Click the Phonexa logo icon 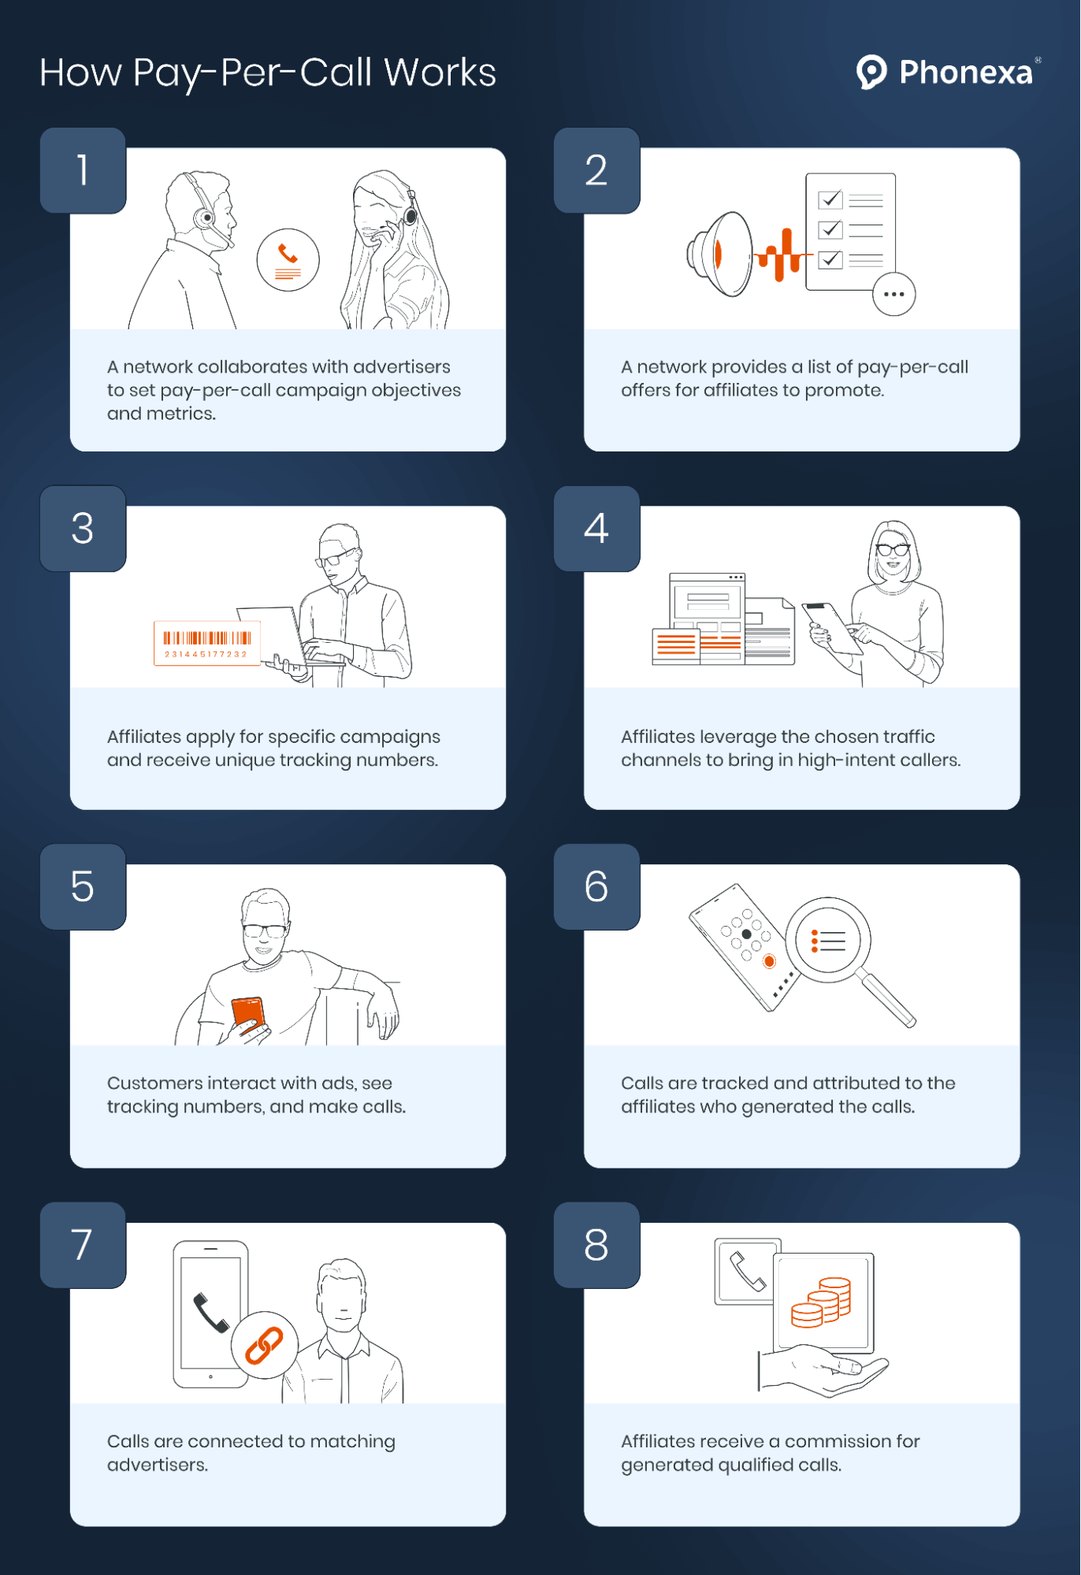(871, 72)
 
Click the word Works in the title (440, 72)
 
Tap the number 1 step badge (83, 170)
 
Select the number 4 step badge (596, 528)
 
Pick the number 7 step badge (83, 1245)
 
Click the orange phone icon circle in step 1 (288, 260)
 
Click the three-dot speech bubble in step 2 (894, 294)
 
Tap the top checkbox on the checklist (830, 200)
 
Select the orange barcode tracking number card (207, 643)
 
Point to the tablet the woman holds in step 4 (832, 628)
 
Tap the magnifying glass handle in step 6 (886, 1000)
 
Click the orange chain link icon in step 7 (264, 1345)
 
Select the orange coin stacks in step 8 (821, 1302)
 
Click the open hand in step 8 (823, 1370)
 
